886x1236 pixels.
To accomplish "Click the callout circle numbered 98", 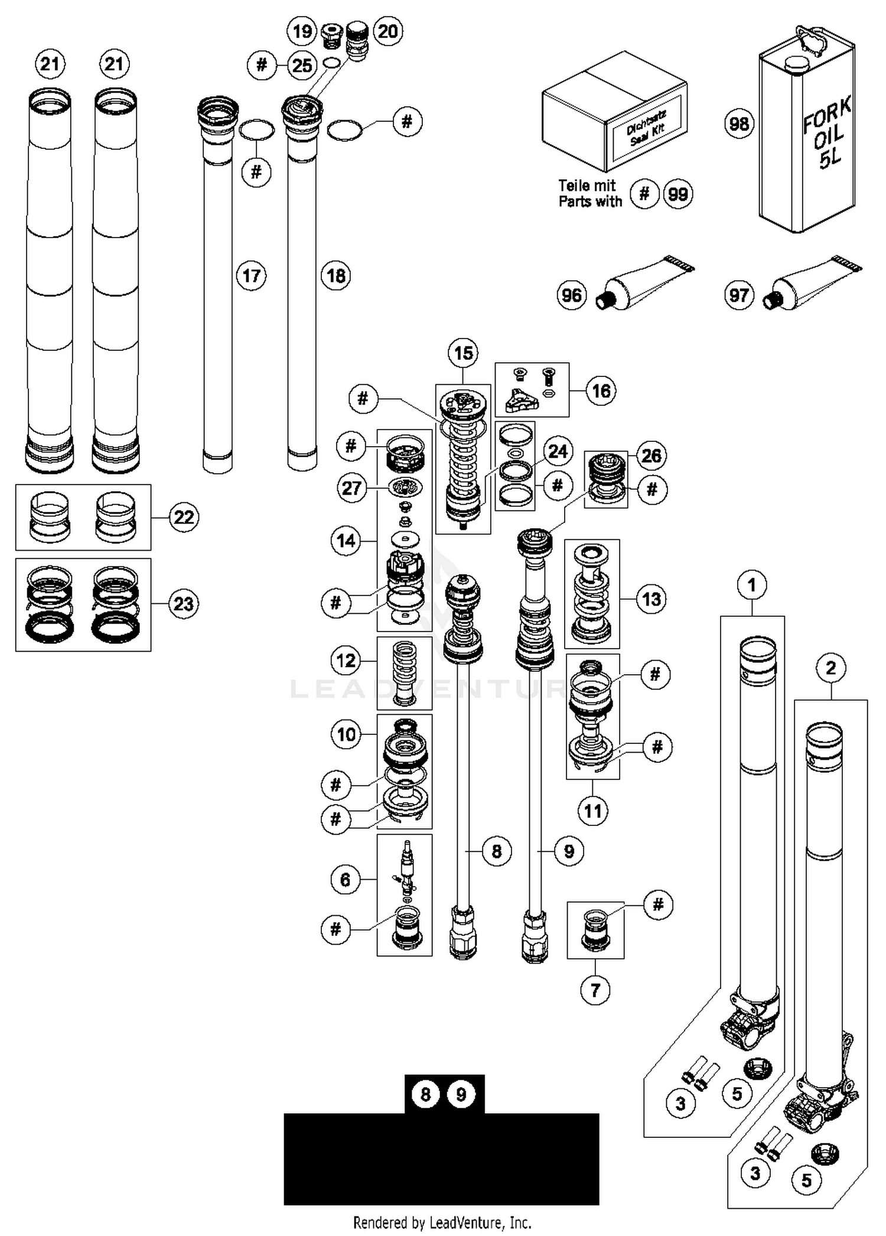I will pyautogui.click(x=739, y=124).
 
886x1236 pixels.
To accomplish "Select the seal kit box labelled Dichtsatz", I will pyautogui.click(x=614, y=112).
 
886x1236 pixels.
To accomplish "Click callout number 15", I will pyautogui.click(x=463, y=353).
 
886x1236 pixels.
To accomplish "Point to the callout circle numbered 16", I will pyautogui.click(x=601, y=391).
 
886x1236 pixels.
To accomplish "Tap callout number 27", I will pyautogui.click(x=351, y=488).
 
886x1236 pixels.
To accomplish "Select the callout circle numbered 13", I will pyautogui.click(x=651, y=599).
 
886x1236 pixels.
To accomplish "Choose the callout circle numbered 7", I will pyautogui.click(x=595, y=990).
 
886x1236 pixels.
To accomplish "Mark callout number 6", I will pyautogui.click(x=345, y=880).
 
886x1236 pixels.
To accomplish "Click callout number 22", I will pyautogui.click(x=184, y=517).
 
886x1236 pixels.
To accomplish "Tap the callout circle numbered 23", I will pyautogui.click(x=183, y=604).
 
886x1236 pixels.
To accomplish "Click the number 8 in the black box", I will pyautogui.click(x=425, y=1094).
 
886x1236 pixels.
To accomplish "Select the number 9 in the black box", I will pyautogui.click(x=461, y=1094).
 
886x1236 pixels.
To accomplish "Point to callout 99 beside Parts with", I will pyautogui.click(x=677, y=194).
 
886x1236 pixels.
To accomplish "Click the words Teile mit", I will pyautogui.click(x=587, y=186).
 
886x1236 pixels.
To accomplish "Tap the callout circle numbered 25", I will pyautogui.click(x=302, y=65).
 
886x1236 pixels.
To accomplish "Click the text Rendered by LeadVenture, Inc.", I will pyautogui.click(x=442, y=1222).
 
